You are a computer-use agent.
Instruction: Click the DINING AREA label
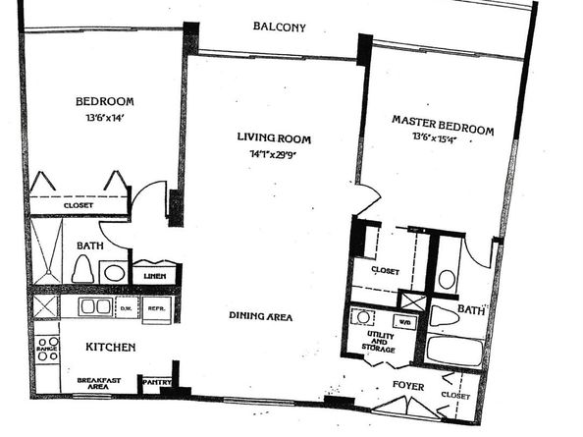[x=260, y=316]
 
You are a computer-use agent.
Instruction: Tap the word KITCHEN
[x=110, y=348]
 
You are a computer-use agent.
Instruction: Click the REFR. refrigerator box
[x=156, y=307]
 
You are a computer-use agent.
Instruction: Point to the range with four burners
[x=47, y=348]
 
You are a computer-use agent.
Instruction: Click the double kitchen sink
[x=94, y=306]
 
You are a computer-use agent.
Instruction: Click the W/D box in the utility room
[x=402, y=320]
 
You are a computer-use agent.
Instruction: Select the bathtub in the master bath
[x=454, y=350]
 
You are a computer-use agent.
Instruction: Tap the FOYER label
[x=408, y=387]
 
